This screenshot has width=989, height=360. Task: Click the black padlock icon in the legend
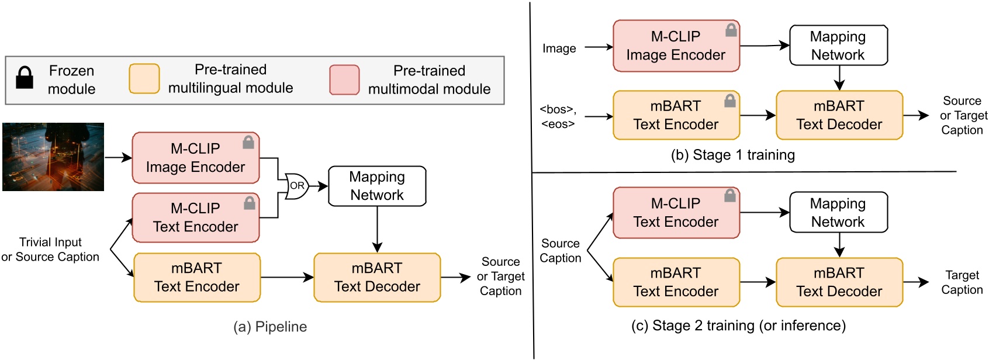point(25,78)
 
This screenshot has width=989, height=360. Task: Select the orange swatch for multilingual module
point(144,79)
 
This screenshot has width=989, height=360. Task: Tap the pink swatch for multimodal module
point(344,80)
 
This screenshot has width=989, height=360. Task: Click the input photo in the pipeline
point(53,157)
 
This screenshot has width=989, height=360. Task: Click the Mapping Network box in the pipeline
point(377,186)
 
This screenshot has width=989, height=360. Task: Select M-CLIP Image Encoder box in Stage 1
point(676,46)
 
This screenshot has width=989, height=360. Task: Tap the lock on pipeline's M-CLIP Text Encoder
point(250,203)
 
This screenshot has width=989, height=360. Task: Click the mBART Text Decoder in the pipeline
point(377,278)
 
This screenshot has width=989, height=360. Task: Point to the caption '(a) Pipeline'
point(270,327)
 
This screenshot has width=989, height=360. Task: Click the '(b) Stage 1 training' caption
point(732,155)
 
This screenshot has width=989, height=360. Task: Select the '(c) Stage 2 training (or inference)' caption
point(738,326)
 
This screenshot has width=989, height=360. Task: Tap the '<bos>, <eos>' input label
point(558,116)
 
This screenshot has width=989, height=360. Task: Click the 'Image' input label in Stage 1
point(559,49)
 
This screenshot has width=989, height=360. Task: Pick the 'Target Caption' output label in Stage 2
point(962,282)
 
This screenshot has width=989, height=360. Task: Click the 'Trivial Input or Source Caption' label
point(50,250)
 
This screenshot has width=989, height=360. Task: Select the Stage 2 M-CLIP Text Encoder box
point(676,213)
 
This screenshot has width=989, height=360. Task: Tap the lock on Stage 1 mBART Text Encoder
point(729,101)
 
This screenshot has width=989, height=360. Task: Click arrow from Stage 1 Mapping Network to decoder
point(839,77)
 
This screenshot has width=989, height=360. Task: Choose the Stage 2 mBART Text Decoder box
point(839,282)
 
